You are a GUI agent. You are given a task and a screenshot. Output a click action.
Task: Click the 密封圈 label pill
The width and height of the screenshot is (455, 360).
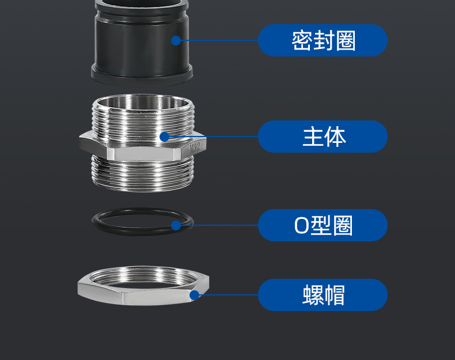[x=323, y=40]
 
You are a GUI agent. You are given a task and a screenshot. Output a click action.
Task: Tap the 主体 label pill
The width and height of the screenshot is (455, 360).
[x=323, y=137]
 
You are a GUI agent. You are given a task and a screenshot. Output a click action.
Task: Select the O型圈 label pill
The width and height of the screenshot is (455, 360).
[x=323, y=225]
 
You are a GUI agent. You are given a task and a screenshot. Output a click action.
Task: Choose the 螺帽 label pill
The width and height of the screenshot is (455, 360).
[x=323, y=295]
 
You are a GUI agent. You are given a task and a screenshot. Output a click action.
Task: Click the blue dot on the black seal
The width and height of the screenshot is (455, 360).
[x=176, y=40]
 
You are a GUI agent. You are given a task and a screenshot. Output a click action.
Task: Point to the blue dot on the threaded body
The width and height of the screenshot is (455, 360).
[x=165, y=137]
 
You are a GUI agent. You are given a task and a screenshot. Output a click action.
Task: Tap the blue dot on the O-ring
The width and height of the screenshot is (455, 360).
[x=176, y=225]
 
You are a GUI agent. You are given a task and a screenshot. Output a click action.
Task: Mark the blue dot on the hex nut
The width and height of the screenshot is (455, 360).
[x=195, y=295]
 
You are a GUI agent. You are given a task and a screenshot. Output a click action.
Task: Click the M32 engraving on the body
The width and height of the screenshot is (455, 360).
[x=195, y=147]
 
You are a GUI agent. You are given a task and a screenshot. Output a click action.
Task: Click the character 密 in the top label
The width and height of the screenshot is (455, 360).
[x=302, y=41]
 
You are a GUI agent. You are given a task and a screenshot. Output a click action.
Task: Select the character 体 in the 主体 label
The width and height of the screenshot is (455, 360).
[x=335, y=137]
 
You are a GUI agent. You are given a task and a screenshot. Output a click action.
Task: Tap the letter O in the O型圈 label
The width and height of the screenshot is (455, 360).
[x=301, y=225]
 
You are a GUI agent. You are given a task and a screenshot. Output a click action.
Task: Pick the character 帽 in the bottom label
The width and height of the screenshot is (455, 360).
[x=334, y=295]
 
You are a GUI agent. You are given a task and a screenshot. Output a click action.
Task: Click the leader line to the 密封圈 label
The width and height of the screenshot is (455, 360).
[x=219, y=40]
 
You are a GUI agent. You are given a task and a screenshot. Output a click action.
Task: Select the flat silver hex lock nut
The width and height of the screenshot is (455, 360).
[x=143, y=297]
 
